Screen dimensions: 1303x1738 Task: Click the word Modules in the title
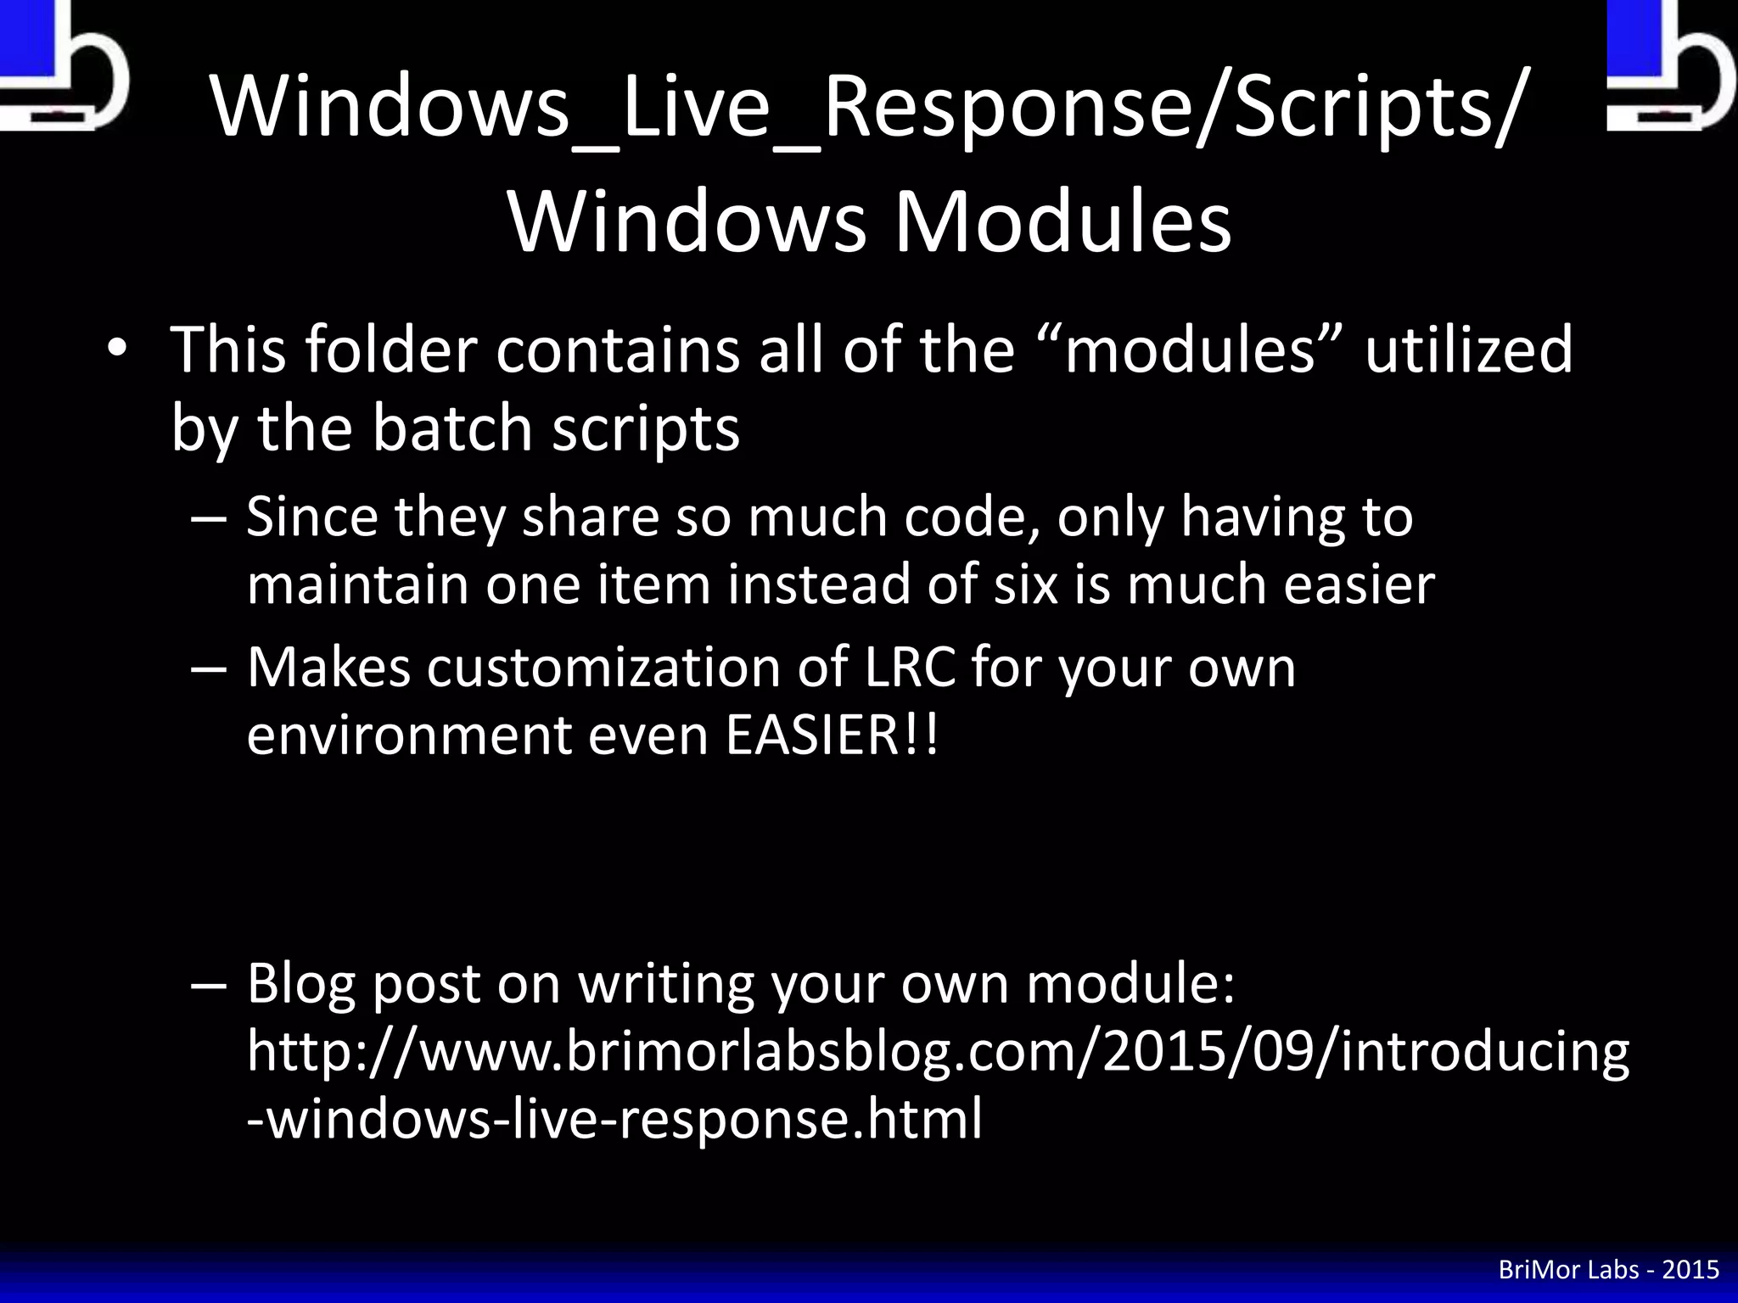pos(1062,222)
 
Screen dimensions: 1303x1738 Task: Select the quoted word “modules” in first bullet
pos(1188,350)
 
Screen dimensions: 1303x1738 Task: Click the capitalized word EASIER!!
pos(833,735)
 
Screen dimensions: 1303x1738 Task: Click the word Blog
pos(300,983)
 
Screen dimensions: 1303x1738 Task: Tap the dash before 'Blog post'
pos(209,984)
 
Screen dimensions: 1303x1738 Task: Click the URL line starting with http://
pos(938,1052)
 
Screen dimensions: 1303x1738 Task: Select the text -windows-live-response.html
pos(614,1118)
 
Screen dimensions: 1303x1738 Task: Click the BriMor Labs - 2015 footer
pos(1608,1270)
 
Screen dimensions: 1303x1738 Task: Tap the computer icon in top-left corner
pos(59,64)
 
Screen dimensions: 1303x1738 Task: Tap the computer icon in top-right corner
pos(1668,64)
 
